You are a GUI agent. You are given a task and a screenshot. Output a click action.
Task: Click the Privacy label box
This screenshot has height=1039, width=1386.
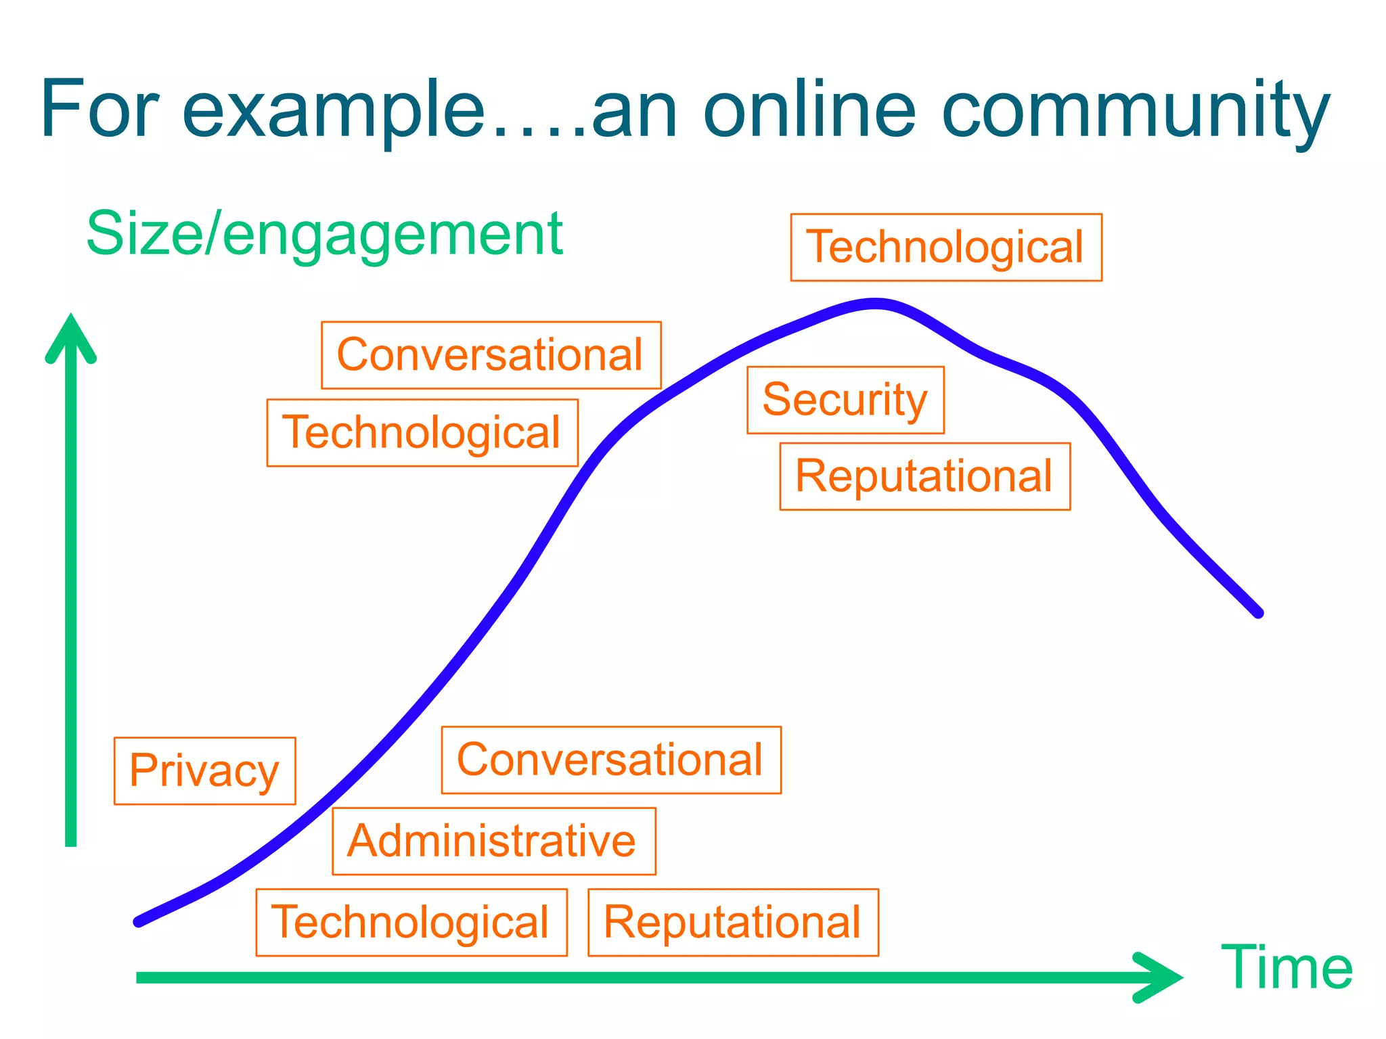tap(204, 770)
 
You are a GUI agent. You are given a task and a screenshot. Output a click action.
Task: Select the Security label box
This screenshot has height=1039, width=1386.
tap(845, 400)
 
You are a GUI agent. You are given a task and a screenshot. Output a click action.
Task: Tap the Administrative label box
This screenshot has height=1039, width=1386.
tap(493, 841)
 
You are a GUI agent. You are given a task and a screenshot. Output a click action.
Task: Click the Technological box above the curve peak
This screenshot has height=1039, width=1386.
tap(946, 247)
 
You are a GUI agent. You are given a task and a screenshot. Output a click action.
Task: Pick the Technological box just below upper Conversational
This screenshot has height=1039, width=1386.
tap(422, 432)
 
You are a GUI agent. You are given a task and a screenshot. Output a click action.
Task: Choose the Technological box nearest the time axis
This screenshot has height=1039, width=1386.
tap(411, 922)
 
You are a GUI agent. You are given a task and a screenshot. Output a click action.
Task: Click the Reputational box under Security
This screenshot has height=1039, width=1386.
tap(924, 476)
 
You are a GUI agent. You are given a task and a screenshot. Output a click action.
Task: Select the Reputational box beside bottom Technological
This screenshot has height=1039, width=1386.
tap(733, 922)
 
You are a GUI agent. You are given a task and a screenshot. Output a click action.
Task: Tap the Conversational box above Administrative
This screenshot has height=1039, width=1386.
tap(611, 760)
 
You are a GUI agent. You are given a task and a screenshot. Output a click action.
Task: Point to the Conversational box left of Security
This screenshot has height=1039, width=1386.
tap(491, 354)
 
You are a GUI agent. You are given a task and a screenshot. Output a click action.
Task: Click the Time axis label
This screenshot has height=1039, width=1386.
tap(1286, 968)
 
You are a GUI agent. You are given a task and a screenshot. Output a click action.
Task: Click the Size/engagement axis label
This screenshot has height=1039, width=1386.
tap(325, 234)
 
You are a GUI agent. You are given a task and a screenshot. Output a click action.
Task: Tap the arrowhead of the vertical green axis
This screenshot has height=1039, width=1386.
tap(70, 335)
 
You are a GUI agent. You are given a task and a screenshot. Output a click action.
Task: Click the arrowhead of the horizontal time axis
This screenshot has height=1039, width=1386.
tap(1161, 977)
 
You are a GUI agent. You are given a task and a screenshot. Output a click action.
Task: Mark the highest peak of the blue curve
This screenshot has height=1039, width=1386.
tap(875, 303)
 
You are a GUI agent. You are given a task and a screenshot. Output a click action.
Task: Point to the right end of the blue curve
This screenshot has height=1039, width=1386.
tap(1257, 613)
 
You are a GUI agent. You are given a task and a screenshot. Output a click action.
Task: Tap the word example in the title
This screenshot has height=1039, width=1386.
tap(334, 110)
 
